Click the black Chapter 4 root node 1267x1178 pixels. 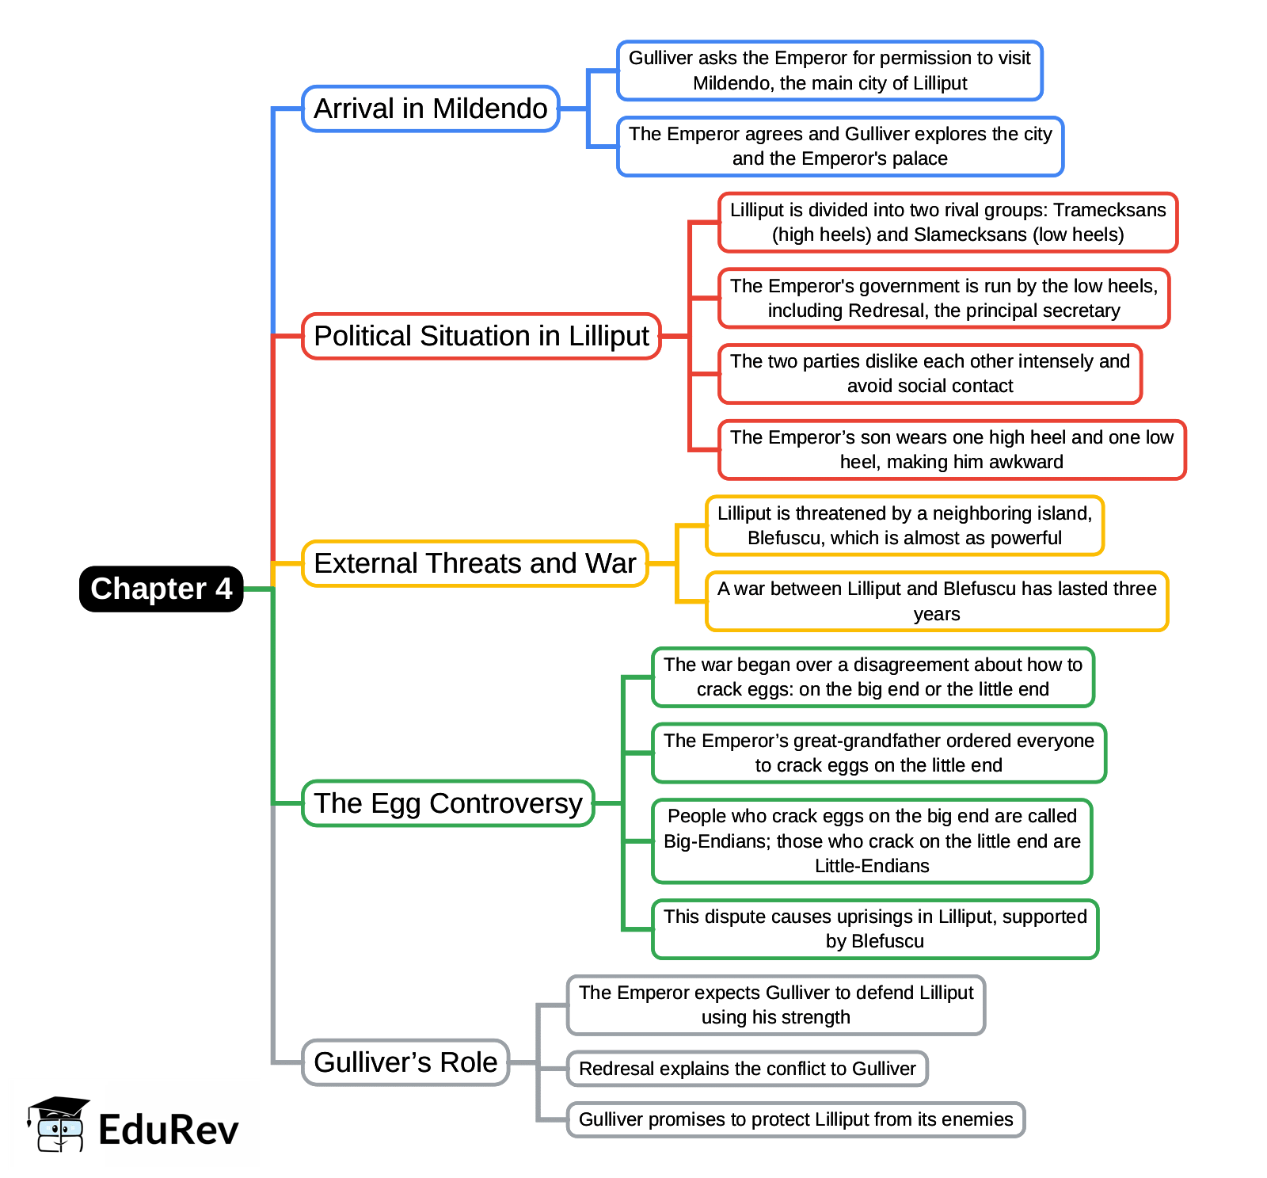[161, 589]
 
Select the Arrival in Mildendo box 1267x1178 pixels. [431, 109]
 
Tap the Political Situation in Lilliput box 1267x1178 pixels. [481, 336]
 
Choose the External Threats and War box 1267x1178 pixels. [475, 563]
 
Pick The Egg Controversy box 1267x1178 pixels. [448, 803]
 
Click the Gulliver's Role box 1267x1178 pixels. [405, 1062]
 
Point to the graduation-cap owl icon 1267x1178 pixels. [57, 1125]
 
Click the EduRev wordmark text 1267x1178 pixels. [168, 1130]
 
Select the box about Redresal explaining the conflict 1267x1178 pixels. [748, 1069]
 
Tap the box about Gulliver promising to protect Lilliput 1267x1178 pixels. [796, 1119]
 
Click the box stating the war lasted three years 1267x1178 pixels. [937, 601]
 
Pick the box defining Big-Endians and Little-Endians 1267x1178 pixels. [872, 841]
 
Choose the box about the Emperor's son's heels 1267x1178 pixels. [952, 449]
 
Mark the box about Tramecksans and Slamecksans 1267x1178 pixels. [948, 222]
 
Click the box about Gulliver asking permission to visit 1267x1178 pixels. [830, 71]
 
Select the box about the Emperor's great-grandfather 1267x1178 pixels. [879, 753]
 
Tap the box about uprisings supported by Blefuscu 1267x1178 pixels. [875, 928]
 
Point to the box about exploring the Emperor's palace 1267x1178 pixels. [840, 146]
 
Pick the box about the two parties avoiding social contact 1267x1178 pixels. [930, 373]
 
